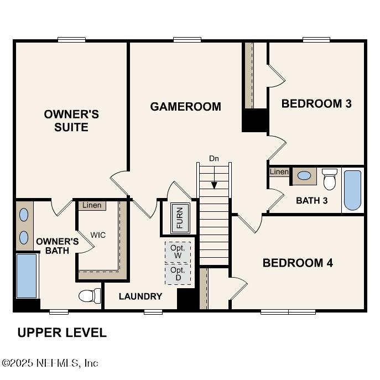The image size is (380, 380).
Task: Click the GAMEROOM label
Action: pyautogui.click(x=185, y=106)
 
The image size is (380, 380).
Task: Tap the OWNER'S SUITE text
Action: pyautogui.click(x=71, y=121)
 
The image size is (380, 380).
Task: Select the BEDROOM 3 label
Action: pyautogui.click(x=316, y=103)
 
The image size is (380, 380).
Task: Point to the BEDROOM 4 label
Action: pyautogui.click(x=298, y=263)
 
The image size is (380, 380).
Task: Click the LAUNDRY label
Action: pyautogui.click(x=140, y=296)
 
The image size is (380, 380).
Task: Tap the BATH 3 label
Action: pyautogui.click(x=311, y=200)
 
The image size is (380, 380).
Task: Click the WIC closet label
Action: pyautogui.click(x=98, y=235)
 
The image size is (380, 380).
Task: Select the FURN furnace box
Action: pyautogui.click(x=179, y=217)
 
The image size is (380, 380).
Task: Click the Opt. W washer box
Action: pyautogui.click(x=178, y=252)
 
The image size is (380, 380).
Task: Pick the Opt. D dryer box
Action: pyautogui.click(x=178, y=274)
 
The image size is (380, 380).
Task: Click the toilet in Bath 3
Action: pyautogui.click(x=330, y=179)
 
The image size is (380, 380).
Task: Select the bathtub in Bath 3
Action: pyautogui.click(x=352, y=190)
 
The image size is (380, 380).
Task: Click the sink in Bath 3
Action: pyautogui.click(x=304, y=176)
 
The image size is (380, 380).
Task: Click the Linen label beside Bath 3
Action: pyautogui.click(x=279, y=172)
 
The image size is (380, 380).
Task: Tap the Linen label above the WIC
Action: pyautogui.click(x=92, y=206)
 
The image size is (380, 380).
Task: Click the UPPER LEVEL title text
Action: pyautogui.click(x=62, y=332)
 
